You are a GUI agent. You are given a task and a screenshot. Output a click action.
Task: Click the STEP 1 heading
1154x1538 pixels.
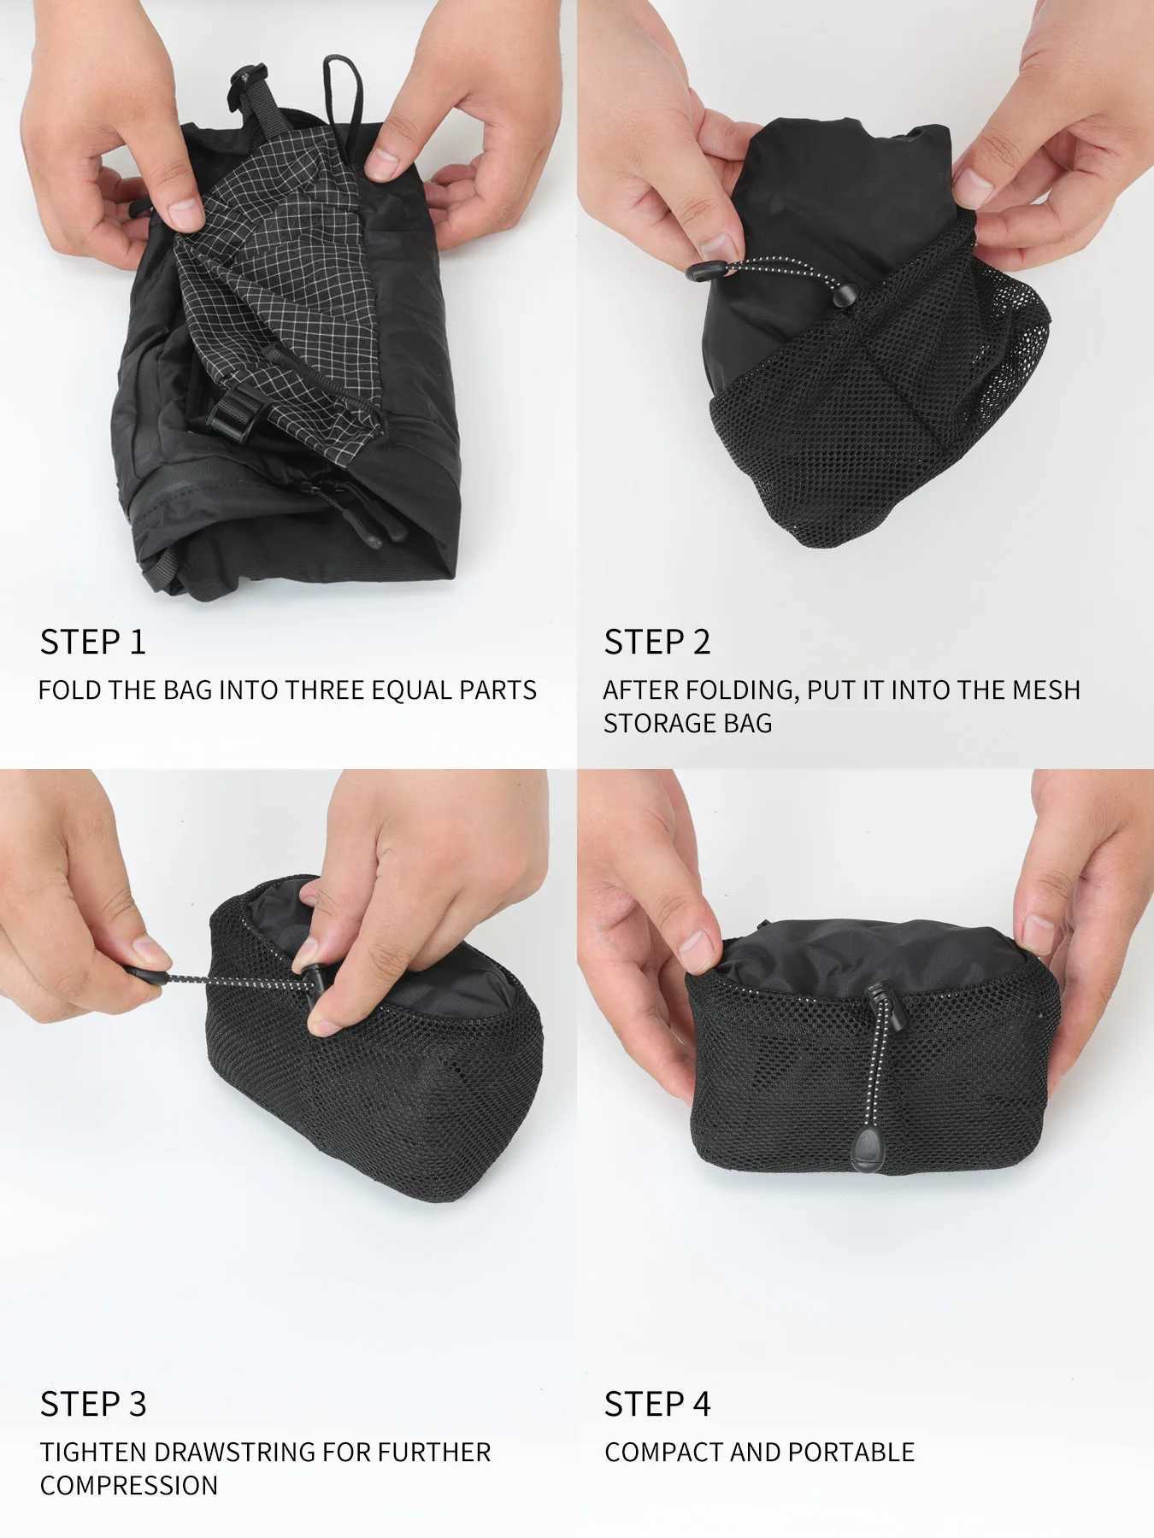pyautogui.click(x=93, y=643)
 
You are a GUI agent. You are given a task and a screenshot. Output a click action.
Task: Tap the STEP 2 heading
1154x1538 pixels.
pyautogui.click(x=657, y=643)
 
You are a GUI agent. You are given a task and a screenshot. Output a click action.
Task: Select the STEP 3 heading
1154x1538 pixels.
pyautogui.click(x=93, y=1404)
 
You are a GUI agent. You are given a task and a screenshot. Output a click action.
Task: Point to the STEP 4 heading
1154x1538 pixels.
pyautogui.click(x=657, y=1404)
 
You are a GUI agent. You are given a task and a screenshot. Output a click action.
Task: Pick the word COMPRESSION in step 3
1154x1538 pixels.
pyautogui.click(x=129, y=1485)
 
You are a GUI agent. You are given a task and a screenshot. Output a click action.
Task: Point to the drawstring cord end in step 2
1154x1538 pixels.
pyautogui.click(x=704, y=271)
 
